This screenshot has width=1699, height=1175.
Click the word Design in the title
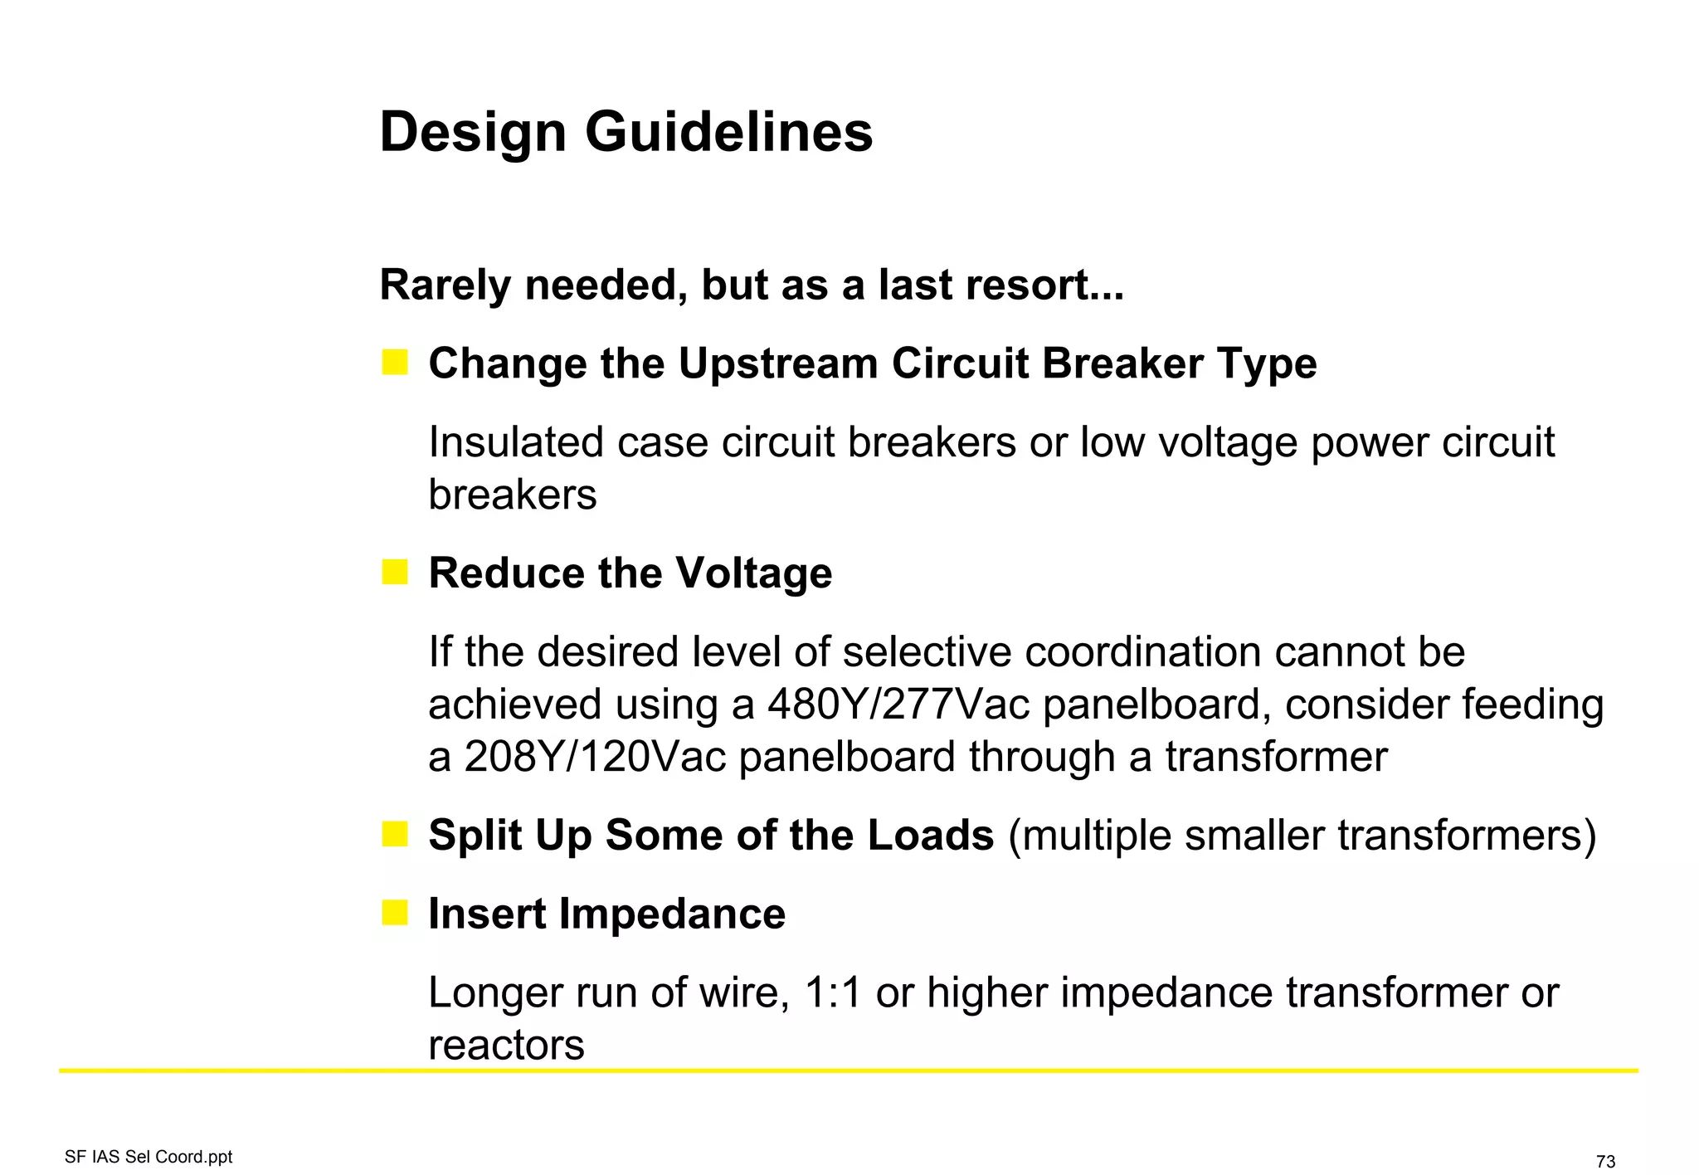point(473,133)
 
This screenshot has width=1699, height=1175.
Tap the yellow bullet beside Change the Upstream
point(395,363)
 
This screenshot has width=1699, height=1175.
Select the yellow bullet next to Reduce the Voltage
point(395,572)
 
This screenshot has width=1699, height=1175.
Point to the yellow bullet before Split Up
point(395,834)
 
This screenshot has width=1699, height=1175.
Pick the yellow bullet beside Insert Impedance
point(395,913)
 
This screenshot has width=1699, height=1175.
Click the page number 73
point(1605,1162)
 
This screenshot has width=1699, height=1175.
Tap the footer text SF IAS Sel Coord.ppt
point(148,1157)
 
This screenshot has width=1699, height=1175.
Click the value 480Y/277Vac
point(898,705)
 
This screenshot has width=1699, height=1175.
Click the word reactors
point(506,1046)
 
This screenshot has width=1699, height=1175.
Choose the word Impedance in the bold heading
point(672,914)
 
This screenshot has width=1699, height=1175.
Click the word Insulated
point(515,442)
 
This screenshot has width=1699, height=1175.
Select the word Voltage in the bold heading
point(753,573)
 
